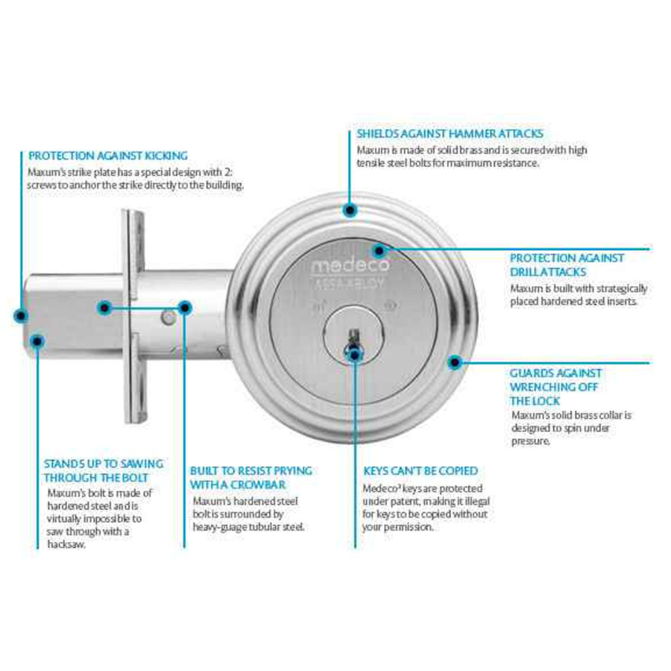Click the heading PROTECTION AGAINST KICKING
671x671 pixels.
pyautogui.click(x=107, y=156)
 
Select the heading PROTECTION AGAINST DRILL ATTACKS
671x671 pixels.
pyautogui.click(x=567, y=265)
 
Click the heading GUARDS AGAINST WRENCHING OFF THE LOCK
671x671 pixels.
pyautogui.click(x=555, y=386)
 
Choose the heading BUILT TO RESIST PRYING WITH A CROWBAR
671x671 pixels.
pyautogui.click(x=251, y=478)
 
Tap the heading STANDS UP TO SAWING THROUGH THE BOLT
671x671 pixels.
pyautogui.click(x=103, y=470)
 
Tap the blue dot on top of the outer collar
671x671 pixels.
pyautogui.click(x=349, y=210)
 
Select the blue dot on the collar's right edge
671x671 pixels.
pyautogui.click(x=453, y=363)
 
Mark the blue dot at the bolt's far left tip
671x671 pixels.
pyautogui.click(x=20, y=315)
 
